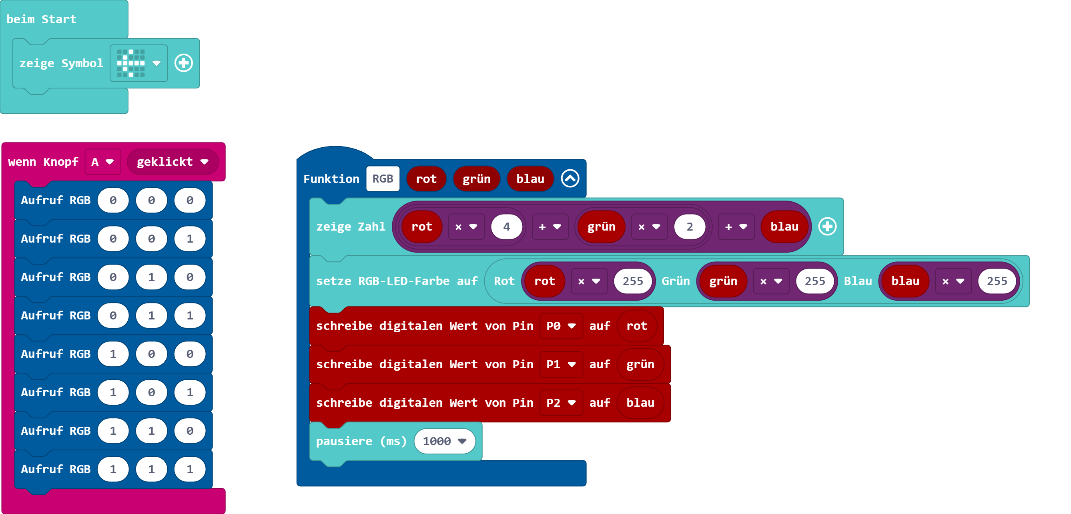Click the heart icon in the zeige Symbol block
(131, 63)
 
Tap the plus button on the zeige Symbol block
(183, 63)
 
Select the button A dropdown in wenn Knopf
(103, 162)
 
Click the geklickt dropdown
(172, 162)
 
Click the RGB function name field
(383, 179)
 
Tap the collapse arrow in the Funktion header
(570, 179)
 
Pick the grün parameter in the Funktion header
(476, 179)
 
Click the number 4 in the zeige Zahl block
(506, 227)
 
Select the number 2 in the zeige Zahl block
(689, 227)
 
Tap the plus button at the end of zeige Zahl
(827, 227)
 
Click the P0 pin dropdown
(561, 326)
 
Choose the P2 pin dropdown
(561, 403)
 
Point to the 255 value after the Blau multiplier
(997, 281)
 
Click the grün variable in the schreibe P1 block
(640, 364)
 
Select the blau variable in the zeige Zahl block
(784, 227)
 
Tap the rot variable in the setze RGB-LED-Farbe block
(544, 281)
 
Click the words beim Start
(42, 19)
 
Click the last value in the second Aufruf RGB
(190, 239)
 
